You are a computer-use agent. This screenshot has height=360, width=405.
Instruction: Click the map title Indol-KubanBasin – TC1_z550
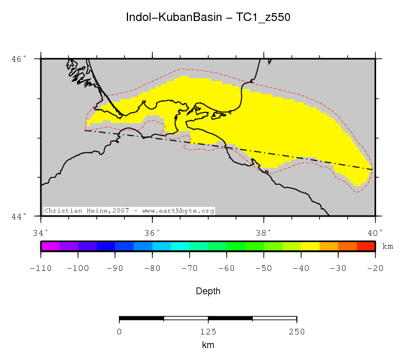[208, 18]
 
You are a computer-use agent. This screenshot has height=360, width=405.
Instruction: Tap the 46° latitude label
[19, 58]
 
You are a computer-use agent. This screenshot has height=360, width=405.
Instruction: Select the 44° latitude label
[19, 217]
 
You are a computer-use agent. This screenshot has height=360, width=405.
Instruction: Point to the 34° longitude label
[40, 232]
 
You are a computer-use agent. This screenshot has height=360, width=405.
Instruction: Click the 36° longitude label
[152, 232]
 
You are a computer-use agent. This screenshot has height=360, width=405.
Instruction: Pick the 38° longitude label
[263, 232]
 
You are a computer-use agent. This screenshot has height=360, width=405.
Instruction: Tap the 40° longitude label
[374, 232]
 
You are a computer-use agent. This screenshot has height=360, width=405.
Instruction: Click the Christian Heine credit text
[129, 211]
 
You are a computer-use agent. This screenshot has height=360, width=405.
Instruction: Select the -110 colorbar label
[41, 267]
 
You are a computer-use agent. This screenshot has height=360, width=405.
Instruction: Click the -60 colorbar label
[226, 267]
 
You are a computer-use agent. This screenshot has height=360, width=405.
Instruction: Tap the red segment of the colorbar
[365, 246]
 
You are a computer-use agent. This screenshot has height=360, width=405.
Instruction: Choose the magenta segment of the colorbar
[50, 246]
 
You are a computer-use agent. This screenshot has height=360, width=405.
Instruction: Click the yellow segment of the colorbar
[310, 246]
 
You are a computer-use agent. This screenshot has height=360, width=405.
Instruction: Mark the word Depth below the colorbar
[208, 291]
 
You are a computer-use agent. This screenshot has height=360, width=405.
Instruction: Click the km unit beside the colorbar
[387, 247]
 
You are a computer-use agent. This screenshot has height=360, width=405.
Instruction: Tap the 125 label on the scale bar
[208, 332]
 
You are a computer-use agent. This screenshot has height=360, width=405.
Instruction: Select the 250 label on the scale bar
[296, 332]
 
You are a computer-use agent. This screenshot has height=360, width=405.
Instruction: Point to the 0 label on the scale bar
[120, 332]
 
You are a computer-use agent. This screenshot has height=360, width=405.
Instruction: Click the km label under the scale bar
[208, 345]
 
